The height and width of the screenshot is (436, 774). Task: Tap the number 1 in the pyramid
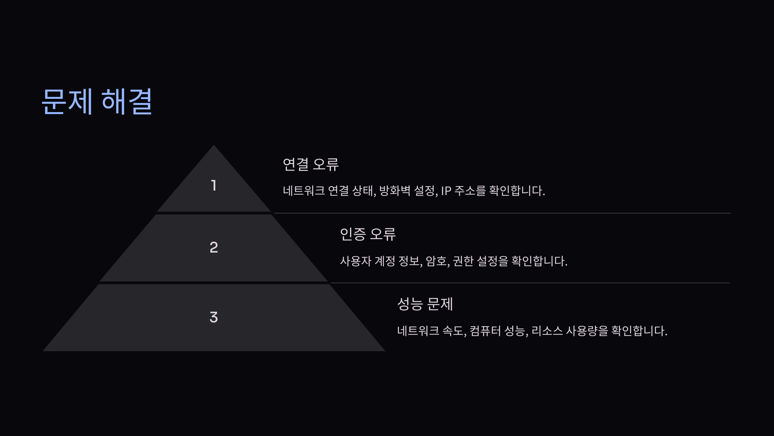click(213, 186)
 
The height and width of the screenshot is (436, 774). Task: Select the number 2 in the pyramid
click(213, 247)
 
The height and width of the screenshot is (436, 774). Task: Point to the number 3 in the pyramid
click(213, 317)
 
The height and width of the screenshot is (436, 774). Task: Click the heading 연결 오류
click(311, 164)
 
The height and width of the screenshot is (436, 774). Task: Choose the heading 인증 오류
click(368, 234)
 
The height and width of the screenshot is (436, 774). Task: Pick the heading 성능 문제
click(425, 304)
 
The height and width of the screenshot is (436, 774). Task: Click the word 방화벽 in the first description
click(395, 191)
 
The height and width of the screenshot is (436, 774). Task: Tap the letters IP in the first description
click(446, 191)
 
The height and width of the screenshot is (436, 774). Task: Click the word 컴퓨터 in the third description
click(485, 331)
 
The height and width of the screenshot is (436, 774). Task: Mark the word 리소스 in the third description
click(547, 331)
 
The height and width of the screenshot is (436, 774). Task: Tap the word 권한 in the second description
click(463, 261)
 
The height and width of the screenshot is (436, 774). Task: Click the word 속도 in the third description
click(453, 331)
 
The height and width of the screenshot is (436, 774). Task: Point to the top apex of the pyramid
click(213, 146)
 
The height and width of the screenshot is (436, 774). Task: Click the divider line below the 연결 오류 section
click(502, 213)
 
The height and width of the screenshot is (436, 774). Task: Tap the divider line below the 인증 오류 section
click(530, 283)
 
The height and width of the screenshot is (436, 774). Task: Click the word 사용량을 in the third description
click(587, 331)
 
